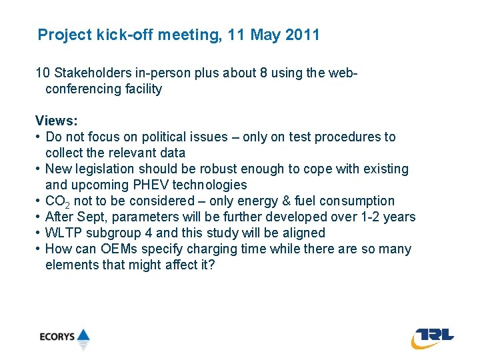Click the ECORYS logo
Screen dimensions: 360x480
tap(64, 337)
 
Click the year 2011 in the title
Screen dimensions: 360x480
tap(302, 35)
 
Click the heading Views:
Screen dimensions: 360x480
tap(57, 121)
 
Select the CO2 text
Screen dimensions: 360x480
tap(57, 201)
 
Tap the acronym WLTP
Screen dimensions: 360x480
tap(63, 233)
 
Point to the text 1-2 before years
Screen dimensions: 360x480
tap(365, 217)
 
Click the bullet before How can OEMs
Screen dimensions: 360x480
tap(39, 249)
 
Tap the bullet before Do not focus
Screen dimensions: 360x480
tap(39, 137)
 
